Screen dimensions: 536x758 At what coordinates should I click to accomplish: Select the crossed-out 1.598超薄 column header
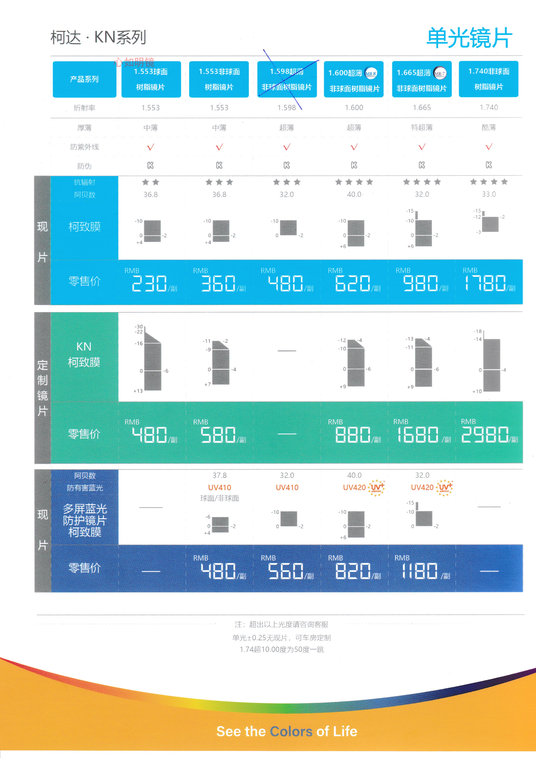[x=287, y=79]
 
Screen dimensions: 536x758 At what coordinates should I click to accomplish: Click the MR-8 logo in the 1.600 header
[x=371, y=73]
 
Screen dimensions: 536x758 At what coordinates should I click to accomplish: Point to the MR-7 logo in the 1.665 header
[x=440, y=73]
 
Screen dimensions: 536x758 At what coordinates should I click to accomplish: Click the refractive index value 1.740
[x=489, y=107]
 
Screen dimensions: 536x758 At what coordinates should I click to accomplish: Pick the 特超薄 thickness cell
[x=421, y=128]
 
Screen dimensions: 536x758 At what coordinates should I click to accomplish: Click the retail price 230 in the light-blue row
[x=149, y=284]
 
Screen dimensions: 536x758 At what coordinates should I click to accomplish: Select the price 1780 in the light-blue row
[x=485, y=283]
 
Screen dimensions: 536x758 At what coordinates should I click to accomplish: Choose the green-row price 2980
[x=485, y=434]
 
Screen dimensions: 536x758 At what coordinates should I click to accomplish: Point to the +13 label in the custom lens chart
[x=138, y=391]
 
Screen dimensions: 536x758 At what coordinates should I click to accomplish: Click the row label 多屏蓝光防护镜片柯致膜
[x=85, y=520]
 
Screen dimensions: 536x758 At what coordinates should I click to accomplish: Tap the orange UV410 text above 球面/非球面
[x=220, y=488]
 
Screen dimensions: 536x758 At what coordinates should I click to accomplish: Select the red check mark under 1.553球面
[x=150, y=147]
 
